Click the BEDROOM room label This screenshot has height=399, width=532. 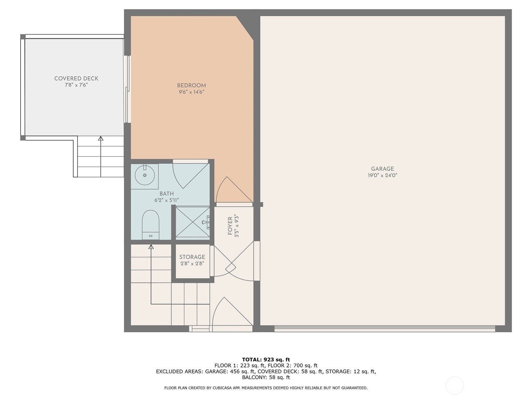(x=191, y=85)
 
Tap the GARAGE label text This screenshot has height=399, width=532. (x=382, y=169)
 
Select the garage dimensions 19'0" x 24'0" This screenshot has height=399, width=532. (x=382, y=176)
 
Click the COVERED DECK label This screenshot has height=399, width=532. (x=76, y=78)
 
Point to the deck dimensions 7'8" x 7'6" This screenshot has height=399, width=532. (x=76, y=85)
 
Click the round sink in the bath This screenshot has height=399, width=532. (x=145, y=175)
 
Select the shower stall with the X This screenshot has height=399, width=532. (x=193, y=222)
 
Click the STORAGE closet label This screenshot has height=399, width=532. (x=192, y=257)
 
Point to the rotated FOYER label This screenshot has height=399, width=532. (x=230, y=226)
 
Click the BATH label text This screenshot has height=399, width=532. (x=166, y=194)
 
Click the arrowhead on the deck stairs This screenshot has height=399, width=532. (x=100, y=138)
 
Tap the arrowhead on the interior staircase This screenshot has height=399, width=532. (x=151, y=247)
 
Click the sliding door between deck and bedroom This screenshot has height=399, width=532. (x=127, y=89)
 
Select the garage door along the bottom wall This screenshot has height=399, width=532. (x=385, y=329)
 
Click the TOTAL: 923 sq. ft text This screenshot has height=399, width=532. (x=266, y=359)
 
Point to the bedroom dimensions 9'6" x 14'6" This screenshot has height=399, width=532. (x=191, y=92)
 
